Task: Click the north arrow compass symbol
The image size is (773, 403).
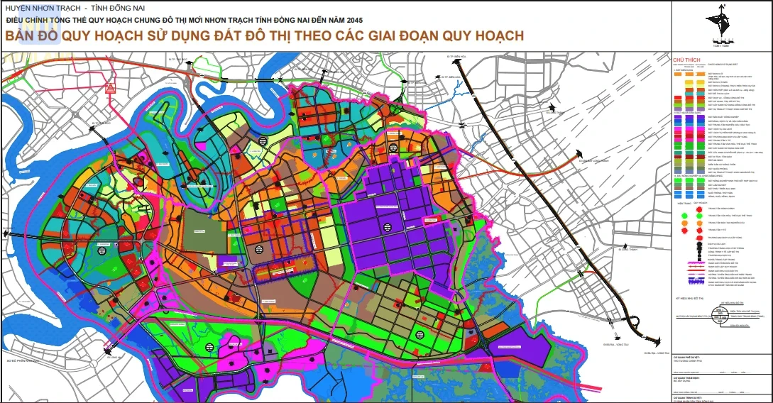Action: (722, 21)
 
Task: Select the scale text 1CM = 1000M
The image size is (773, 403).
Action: (721, 46)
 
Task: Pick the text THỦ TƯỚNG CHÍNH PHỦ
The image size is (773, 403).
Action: (687, 360)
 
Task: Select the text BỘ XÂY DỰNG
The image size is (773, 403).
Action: (681, 380)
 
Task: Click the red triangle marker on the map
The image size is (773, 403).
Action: (110, 89)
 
